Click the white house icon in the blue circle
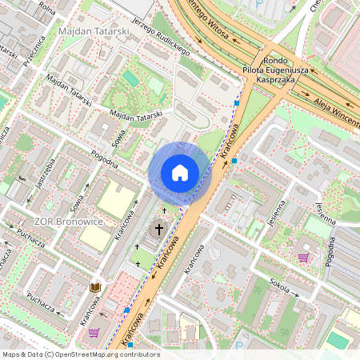click(x=180, y=172)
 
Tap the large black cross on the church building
click(x=158, y=230)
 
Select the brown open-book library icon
click(x=95, y=286)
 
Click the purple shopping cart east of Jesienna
click(x=303, y=258)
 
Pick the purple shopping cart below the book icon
click(x=94, y=333)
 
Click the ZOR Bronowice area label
click(x=68, y=221)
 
